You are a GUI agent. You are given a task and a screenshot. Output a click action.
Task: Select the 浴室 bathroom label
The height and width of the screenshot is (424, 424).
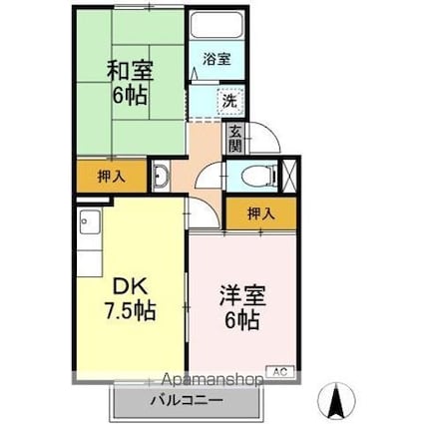tap(216, 59)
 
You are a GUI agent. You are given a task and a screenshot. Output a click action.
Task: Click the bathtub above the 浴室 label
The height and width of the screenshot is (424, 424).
tap(216, 29)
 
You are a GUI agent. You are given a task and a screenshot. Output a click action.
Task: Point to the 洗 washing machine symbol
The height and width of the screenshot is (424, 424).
tap(228, 100)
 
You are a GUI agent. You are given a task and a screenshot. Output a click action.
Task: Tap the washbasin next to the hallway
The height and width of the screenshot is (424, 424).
tap(162, 178)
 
